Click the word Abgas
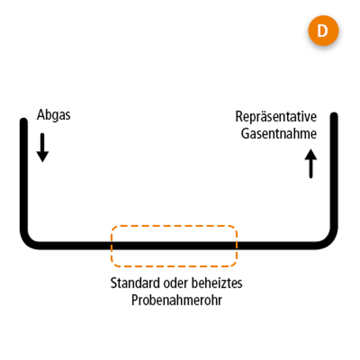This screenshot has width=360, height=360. [53, 115]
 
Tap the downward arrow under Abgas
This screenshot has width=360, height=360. [42, 148]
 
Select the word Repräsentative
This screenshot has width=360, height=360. [276, 117]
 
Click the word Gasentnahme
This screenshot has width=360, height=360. [278, 134]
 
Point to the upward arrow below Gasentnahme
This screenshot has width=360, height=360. [311, 164]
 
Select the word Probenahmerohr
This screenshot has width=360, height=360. [176, 300]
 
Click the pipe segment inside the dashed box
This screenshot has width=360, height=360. [174, 245]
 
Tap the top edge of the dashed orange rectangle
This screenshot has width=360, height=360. [174, 226]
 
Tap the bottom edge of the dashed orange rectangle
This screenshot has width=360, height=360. [174, 265]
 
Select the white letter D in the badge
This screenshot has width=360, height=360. [323, 32]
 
